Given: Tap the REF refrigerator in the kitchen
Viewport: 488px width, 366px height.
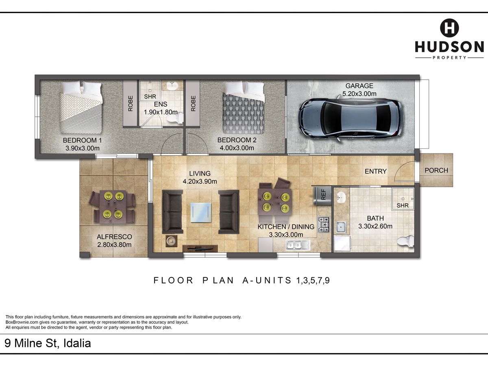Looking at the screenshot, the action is pyautogui.click(x=322, y=196).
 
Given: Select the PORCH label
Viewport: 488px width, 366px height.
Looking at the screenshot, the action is pyautogui.click(x=436, y=170).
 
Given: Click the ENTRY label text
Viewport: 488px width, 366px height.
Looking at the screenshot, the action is pyautogui.click(x=376, y=171).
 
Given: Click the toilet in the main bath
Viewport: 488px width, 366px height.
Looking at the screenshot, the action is pyautogui.click(x=405, y=241).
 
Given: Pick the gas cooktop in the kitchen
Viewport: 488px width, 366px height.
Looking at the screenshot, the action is pyautogui.click(x=323, y=224).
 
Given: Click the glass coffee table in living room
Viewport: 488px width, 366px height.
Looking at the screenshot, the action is pyautogui.click(x=201, y=212).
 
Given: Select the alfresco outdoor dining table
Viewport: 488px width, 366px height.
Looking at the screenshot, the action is pyautogui.click(x=113, y=207).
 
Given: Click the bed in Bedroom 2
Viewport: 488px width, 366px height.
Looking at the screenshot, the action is pyautogui.click(x=244, y=108).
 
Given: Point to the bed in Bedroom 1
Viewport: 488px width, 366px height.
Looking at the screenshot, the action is pyautogui.click(x=81, y=107).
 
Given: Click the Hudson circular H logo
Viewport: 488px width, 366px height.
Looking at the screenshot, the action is pyautogui.click(x=449, y=28).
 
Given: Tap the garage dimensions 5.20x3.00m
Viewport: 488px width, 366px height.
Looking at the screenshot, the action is pyautogui.click(x=359, y=94).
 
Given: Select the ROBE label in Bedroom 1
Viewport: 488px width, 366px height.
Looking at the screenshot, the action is pyautogui.click(x=131, y=104).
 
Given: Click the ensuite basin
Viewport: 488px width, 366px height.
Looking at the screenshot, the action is pyautogui.click(x=172, y=85).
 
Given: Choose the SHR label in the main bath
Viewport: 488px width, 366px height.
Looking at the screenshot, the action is pyautogui.click(x=403, y=205).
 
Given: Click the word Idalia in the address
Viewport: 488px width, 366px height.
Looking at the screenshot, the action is pyautogui.click(x=77, y=343).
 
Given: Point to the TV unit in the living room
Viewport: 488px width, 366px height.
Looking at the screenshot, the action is pyautogui.click(x=200, y=248).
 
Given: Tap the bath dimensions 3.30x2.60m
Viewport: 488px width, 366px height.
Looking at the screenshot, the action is pyautogui.click(x=375, y=226).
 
